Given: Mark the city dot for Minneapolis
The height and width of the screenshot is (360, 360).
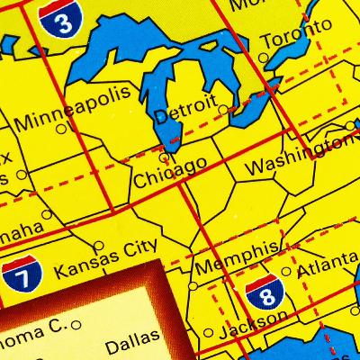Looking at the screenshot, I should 61,129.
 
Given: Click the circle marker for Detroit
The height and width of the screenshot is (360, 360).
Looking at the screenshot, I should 222,110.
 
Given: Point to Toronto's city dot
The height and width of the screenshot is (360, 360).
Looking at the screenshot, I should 264,58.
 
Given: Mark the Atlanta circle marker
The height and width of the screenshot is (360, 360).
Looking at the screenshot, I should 286,271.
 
